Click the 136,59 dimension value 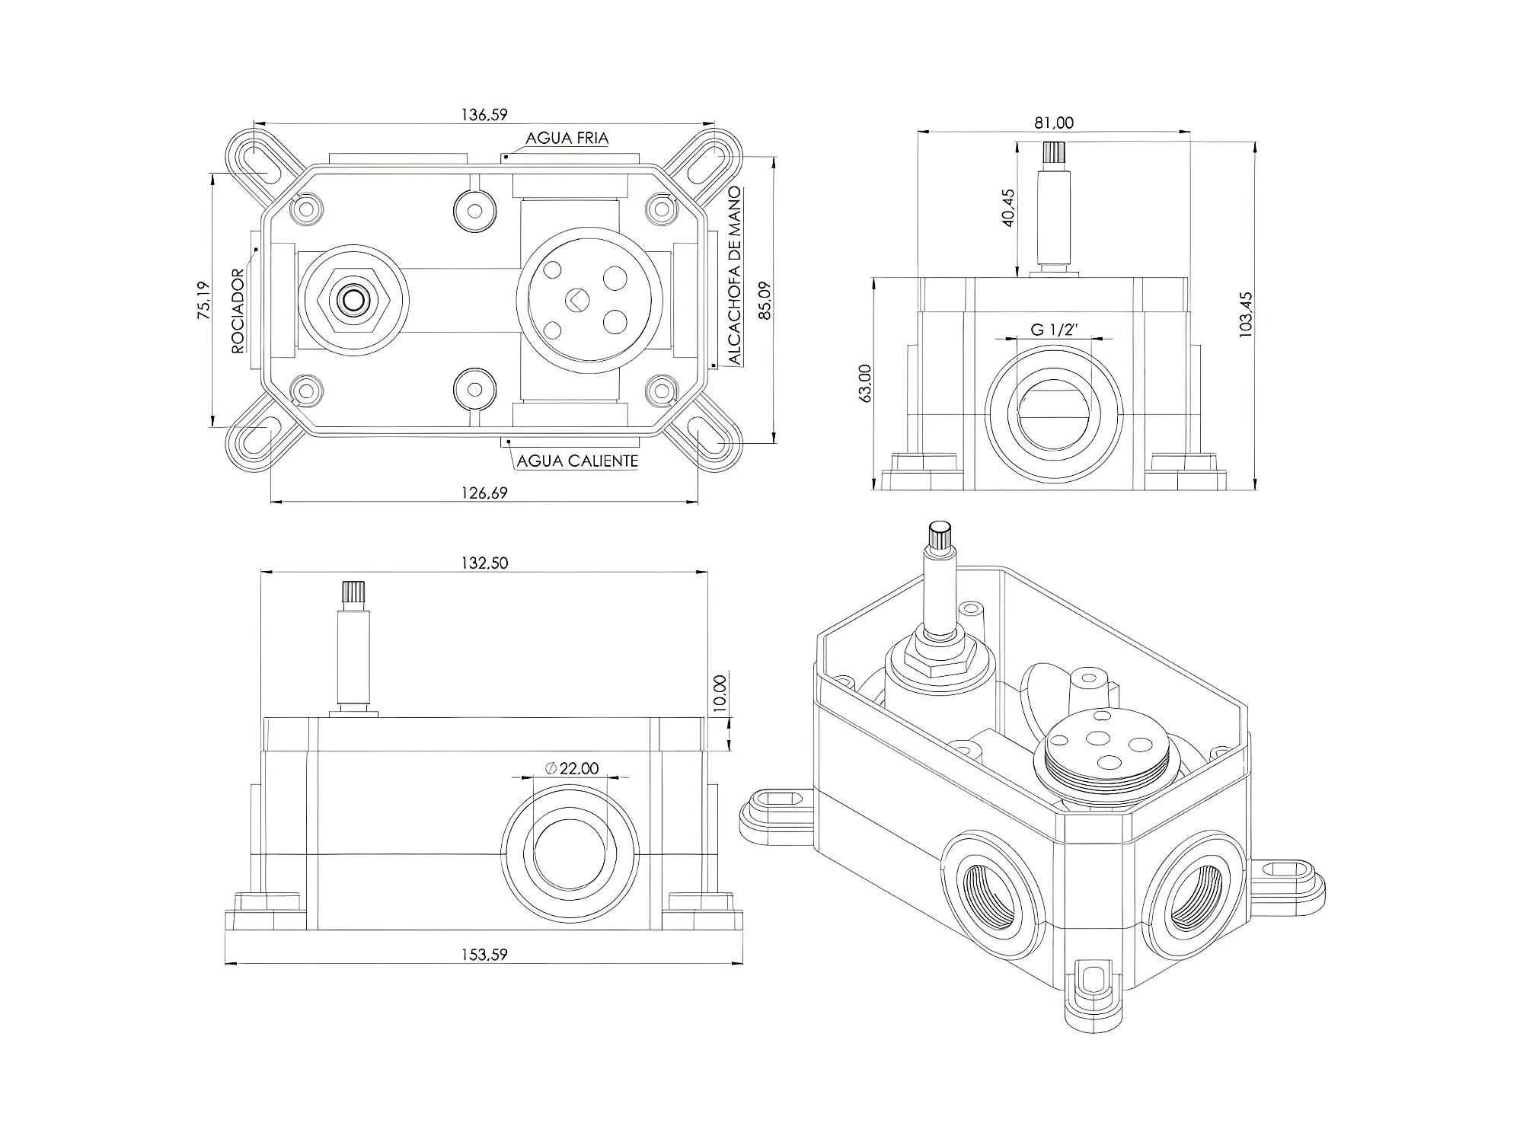484,115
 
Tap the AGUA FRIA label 567,139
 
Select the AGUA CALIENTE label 577,461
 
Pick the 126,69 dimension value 484,493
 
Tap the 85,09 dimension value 765,300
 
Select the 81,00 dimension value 1055,123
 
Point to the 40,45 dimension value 1008,208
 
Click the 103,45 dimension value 1246,314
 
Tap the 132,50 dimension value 484,563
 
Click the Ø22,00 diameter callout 573,769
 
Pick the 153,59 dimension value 484,955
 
